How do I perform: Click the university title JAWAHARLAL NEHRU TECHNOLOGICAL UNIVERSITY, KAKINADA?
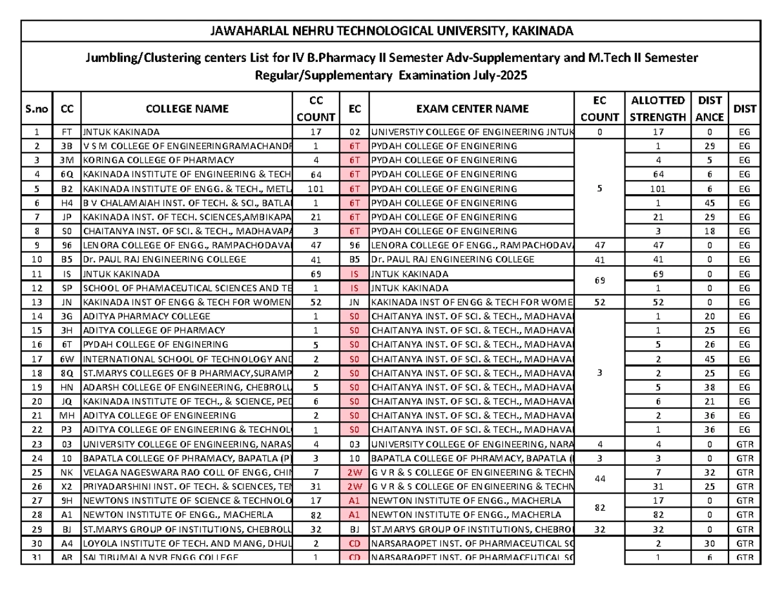[x=388, y=30]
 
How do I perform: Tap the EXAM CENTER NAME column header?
[x=470, y=108]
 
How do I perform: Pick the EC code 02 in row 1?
[x=354, y=132]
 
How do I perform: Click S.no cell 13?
[x=38, y=302]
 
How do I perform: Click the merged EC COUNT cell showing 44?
[x=600, y=479]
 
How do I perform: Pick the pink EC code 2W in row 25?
[x=354, y=472]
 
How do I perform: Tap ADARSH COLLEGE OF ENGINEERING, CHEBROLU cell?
[x=186, y=387]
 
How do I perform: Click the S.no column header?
[x=38, y=108]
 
